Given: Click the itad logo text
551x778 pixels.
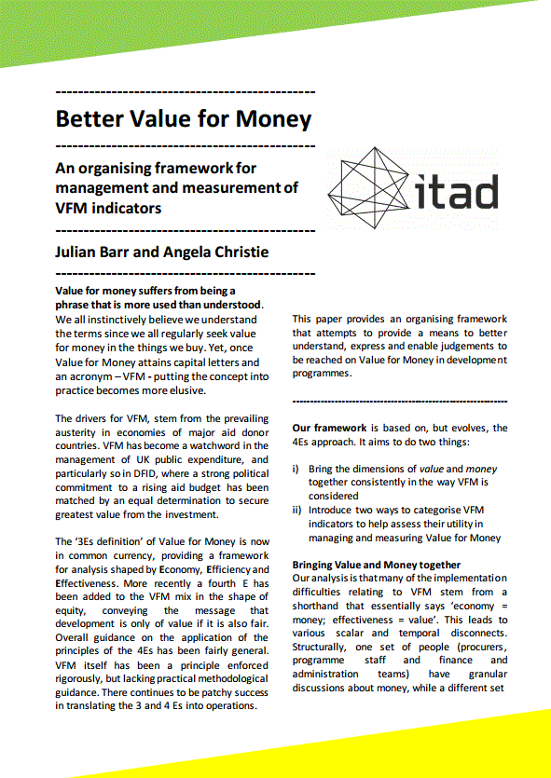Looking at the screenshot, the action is pos(455,189).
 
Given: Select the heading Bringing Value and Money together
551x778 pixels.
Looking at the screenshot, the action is pos(377,565).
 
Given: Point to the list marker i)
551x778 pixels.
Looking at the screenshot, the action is pos(296,469).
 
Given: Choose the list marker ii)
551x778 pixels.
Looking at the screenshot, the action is pos(297,510).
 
